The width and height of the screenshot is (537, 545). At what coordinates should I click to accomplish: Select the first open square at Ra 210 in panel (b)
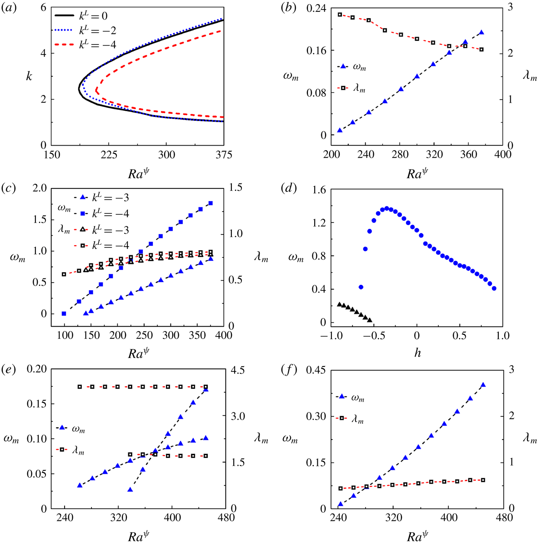340,15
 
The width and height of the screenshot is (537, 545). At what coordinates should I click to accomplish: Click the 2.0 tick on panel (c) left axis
41,188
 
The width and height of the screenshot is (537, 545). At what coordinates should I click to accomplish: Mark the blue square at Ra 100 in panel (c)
64,313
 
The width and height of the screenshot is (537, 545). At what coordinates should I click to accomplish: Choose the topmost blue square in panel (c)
211,203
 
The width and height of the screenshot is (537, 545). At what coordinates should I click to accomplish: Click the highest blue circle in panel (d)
387,208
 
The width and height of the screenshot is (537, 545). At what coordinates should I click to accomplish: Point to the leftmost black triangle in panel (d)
339,304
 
